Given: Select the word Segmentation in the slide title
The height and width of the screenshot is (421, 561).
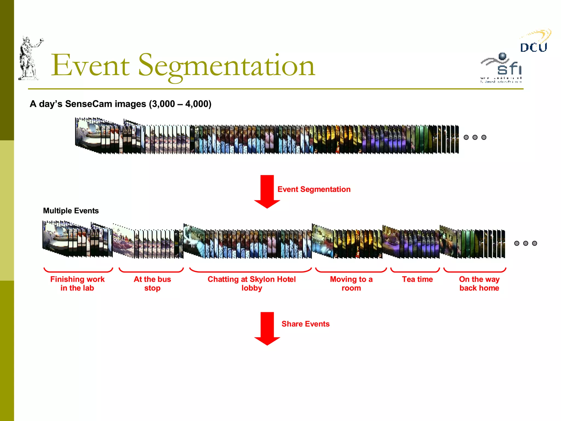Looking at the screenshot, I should (227, 66).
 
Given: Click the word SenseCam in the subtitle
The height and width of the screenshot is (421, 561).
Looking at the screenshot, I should (88, 104).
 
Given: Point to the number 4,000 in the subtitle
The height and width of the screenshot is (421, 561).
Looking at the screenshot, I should (197, 104).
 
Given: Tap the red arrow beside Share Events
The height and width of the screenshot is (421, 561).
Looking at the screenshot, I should (267, 328).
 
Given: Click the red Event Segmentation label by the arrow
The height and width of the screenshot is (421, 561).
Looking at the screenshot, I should (314, 189).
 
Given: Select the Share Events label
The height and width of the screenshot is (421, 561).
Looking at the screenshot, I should (305, 324).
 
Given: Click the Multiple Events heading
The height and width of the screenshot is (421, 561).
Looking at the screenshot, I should (71, 211).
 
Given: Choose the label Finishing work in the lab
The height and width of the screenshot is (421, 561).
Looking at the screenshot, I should (77, 284).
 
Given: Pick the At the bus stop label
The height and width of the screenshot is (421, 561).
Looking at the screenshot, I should (152, 284).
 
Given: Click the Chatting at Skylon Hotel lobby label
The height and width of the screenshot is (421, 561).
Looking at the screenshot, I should (251, 284).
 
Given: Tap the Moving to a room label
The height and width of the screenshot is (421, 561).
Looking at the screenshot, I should (351, 284).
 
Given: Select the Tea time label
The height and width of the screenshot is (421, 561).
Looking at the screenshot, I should (417, 279).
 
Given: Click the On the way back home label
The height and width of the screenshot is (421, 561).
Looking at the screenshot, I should (479, 284).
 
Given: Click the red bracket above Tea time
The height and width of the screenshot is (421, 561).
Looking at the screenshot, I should (415, 271).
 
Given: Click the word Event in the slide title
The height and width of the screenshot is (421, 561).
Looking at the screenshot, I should (90, 66).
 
